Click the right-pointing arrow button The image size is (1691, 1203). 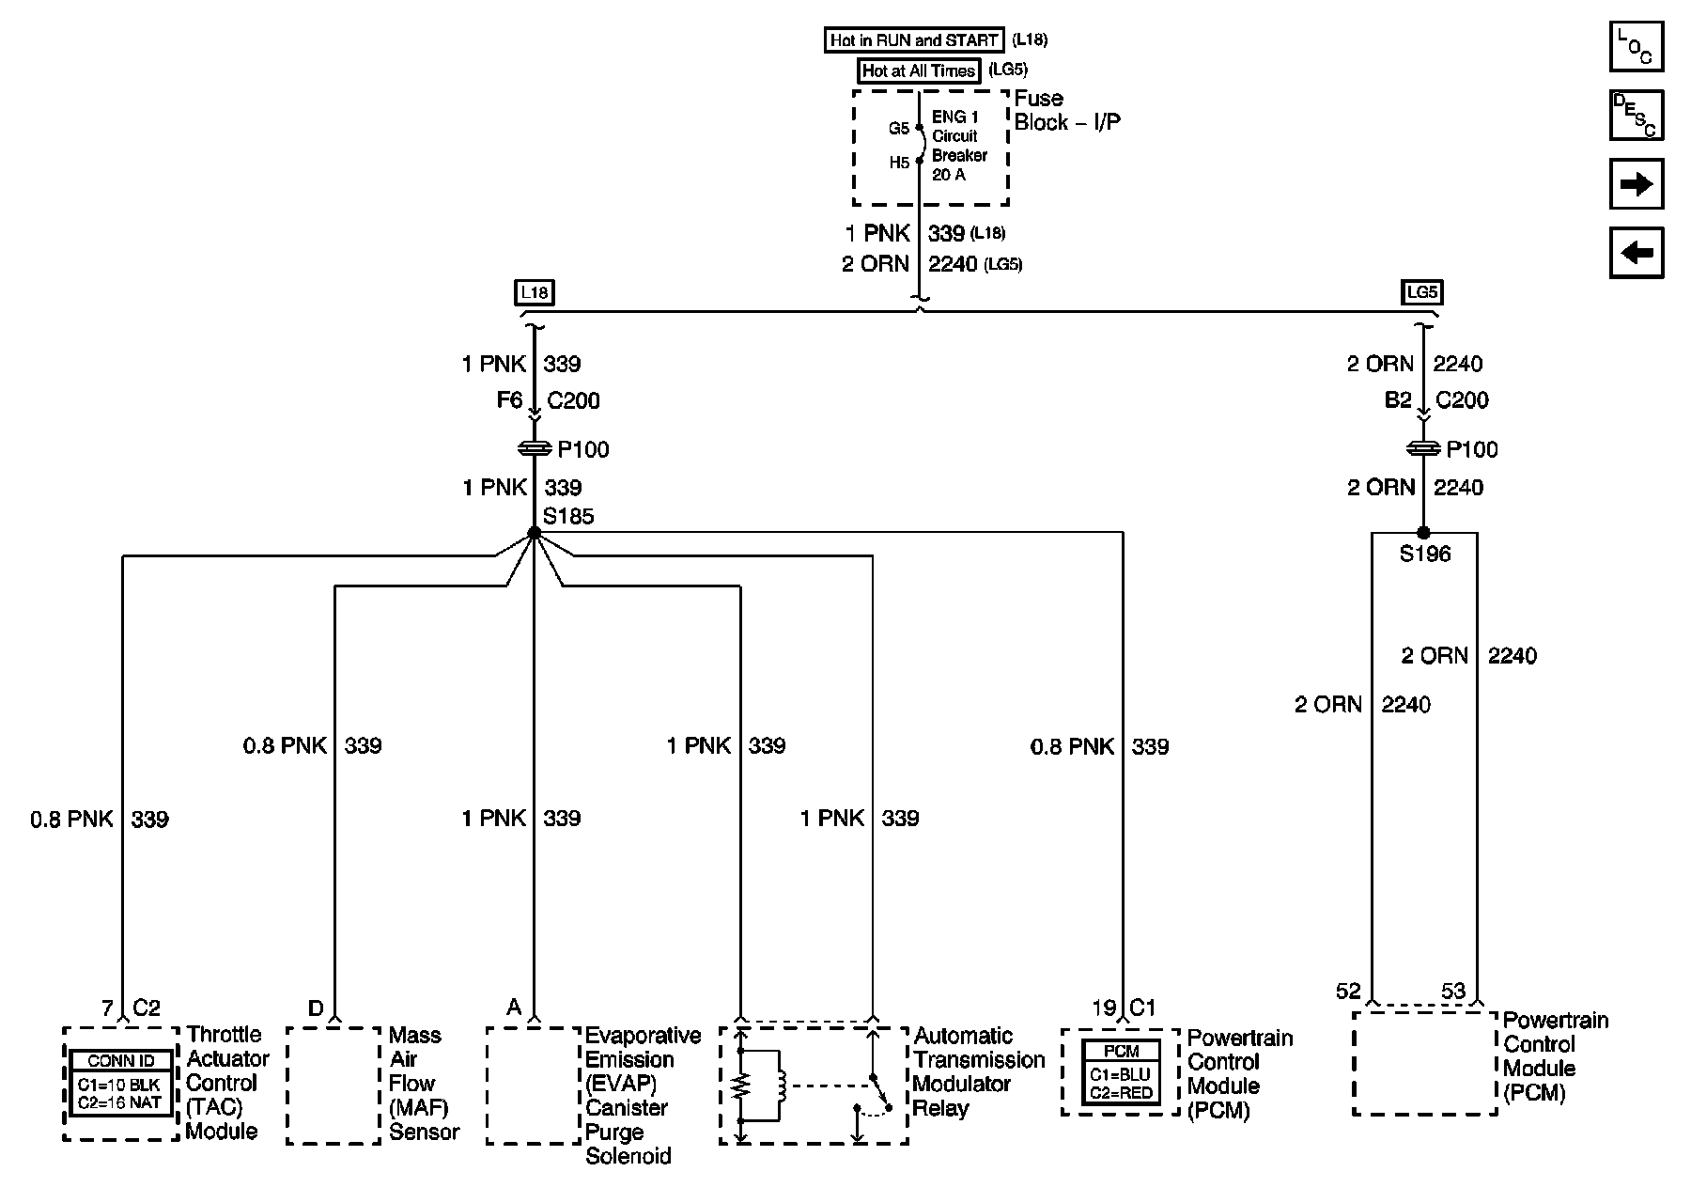pyautogui.click(x=1637, y=184)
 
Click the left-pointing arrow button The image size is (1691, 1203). pyautogui.click(x=1637, y=253)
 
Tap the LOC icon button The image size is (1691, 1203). pyautogui.click(x=1637, y=46)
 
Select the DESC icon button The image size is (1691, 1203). pyautogui.click(x=1637, y=115)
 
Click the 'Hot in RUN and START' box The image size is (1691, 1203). pyautogui.click(x=914, y=40)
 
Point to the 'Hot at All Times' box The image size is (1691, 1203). pyautogui.click(x=919, y=70)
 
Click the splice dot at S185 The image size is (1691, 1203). pyautogui.click(x=534, y=533)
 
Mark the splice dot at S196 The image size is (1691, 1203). pyautogui.click(x=1423, y=533)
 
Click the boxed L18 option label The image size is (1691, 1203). pyautogui.click(x=534, y=292)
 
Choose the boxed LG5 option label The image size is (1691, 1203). pyautogui.click(x=1421, y=292)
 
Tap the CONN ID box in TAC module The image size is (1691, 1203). pyautogui.click(x=120, y=1084)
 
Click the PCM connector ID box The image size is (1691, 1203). pyautogui.click(x=1121, y=1073)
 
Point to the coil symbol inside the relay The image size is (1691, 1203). pyautogui.click(x=782, y=1086)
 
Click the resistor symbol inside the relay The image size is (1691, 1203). pyautogui.click(x=742, y=1086)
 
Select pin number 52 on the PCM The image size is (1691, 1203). pyautogui.click(x=1348, y=991)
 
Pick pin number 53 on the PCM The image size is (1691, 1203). pyautogui.click(x=1453, y=991)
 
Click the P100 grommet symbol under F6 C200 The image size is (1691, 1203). pyautogui.click(x=534, y=450)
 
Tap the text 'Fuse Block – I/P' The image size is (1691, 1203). pyautogui.click(x=1065, y=111)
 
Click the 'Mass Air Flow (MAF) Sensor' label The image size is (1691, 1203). pyautogui.click(x=423, y=1084)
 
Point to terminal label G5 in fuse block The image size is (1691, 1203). pyautogui.click(x=898, y=129)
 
